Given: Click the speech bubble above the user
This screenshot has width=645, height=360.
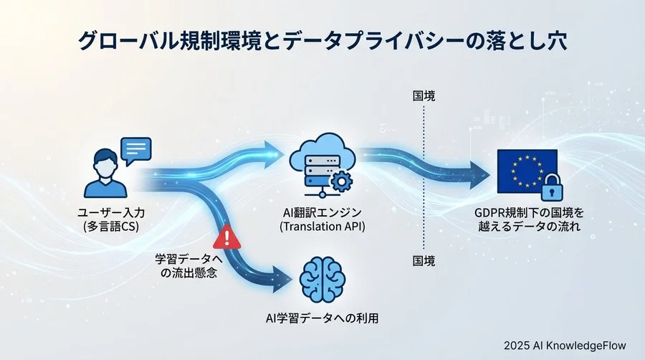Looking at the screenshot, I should point(135,149).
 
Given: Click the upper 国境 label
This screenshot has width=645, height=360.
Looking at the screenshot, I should point(424,95).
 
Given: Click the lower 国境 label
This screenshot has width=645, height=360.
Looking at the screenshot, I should point(424,260).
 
